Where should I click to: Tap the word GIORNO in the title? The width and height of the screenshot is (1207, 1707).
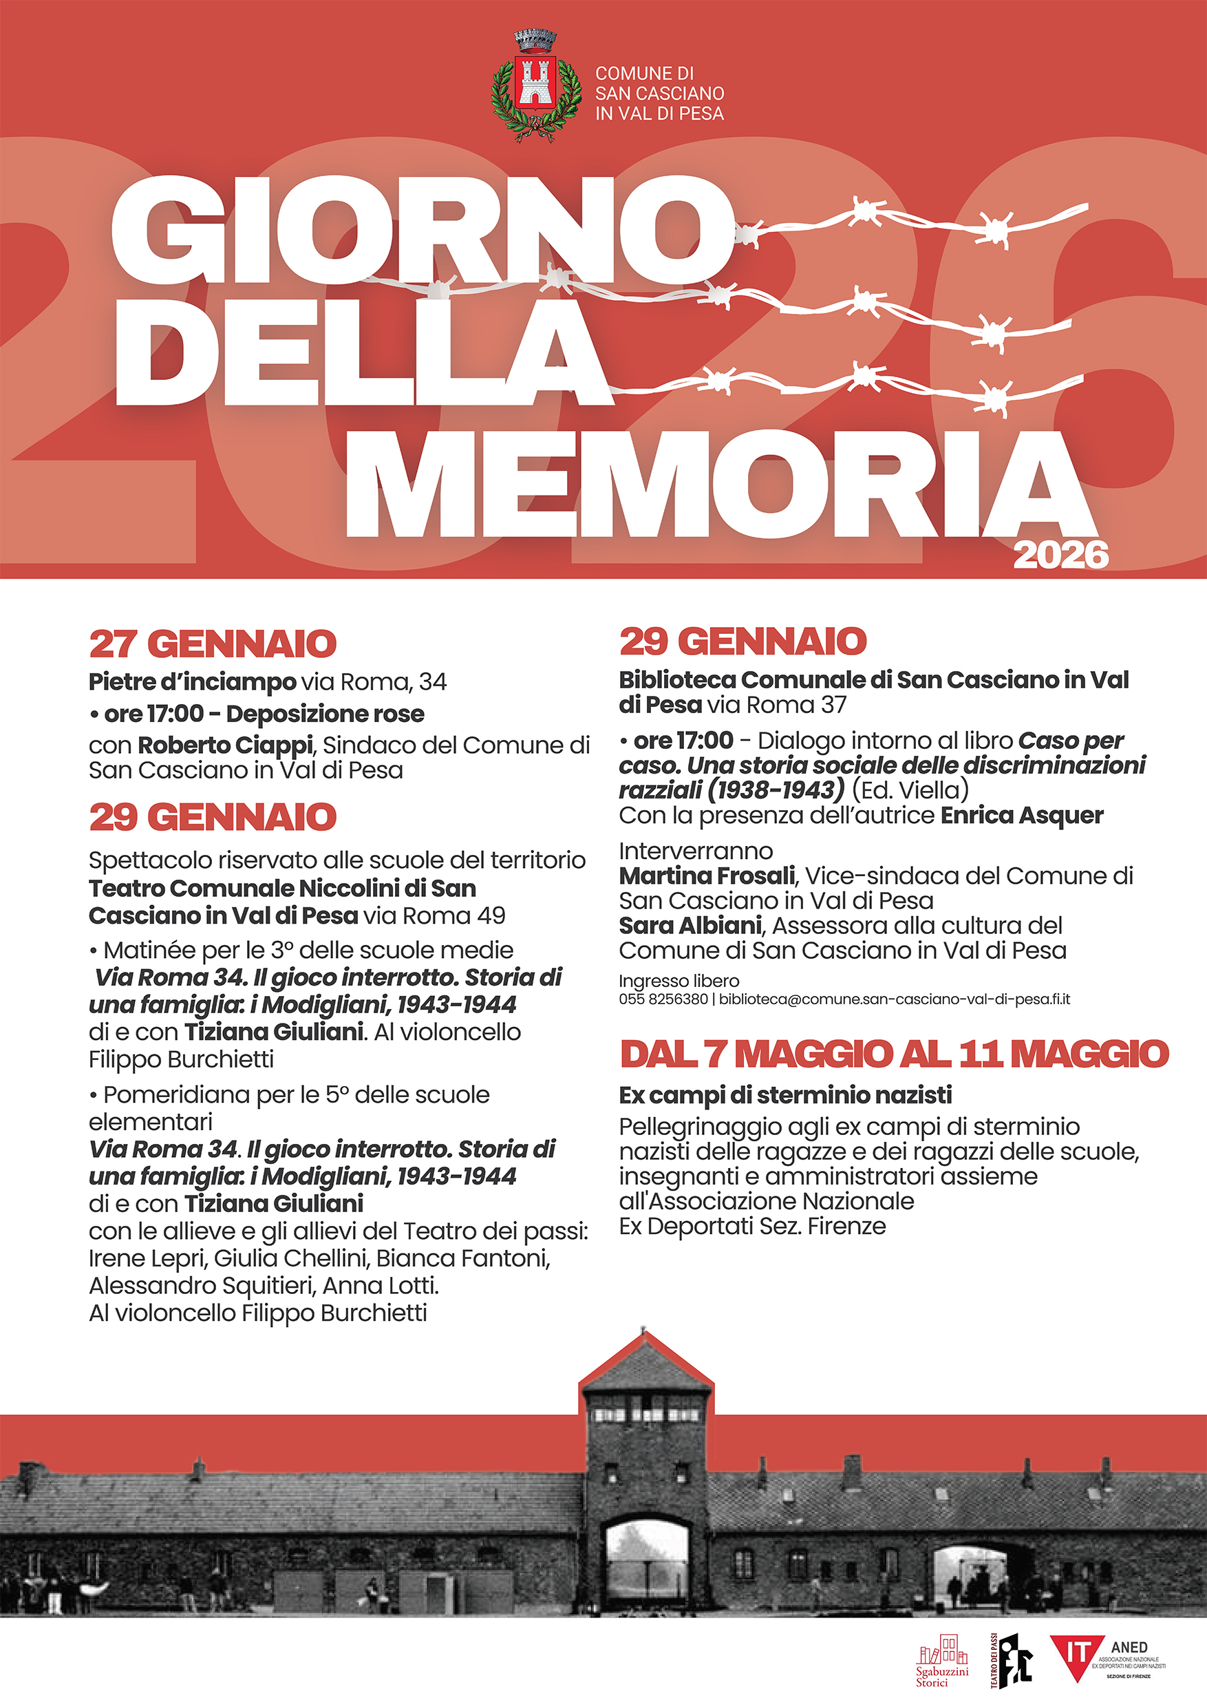(420, 230)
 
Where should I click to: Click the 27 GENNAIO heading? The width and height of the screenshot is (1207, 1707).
(213, 644)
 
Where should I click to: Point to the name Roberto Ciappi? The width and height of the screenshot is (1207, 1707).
(224, 744)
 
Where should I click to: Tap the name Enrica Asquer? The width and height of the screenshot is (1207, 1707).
(1022, 815)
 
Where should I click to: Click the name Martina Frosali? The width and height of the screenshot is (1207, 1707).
(707, 876)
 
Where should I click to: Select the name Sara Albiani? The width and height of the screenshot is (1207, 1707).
(690, 926)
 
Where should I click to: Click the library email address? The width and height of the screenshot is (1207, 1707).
(894, 1000)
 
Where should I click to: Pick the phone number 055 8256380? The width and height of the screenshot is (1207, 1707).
(663, 1000)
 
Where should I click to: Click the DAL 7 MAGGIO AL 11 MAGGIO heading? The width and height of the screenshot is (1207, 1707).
(894, 1054)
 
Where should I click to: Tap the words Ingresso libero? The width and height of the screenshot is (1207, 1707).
(679, 982)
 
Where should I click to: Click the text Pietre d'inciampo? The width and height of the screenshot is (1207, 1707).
(192, 681)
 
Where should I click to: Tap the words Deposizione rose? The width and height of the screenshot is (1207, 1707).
(325, 714)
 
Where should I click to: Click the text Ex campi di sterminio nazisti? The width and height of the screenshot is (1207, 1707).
(785, 1095)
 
